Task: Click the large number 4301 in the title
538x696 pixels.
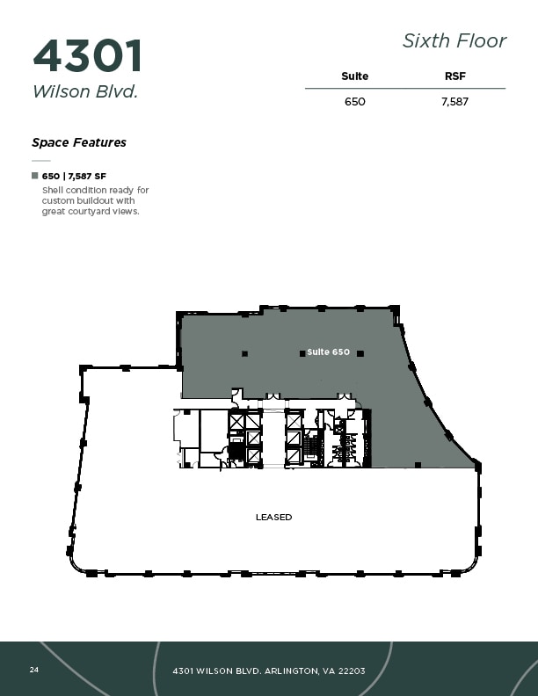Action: pyautogui.click(x=87, y=56)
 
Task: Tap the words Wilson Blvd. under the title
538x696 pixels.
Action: pyautogui.click(x=85, y=91)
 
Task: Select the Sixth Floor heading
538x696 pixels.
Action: pyautogui.click(x=454, y=40)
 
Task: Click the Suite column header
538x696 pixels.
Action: pyautogui.click(x=354, y=76)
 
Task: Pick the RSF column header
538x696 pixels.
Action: pyautogui.click(x=454, y=76)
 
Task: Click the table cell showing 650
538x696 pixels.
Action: pyautogui.click(x=354, y=102)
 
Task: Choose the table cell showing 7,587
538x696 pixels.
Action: pyautogui.click(x=454, y=102)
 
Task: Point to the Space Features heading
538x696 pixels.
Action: pyautogui.click(x=79, y=142)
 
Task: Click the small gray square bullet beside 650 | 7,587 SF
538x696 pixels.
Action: pyautogui.click(x=35, y=176)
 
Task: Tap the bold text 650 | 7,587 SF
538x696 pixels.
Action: pyautogui.click(x=74, y=177)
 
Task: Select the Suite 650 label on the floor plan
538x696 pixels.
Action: pyautogui.click(x=328, y=352)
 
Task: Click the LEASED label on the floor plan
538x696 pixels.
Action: pyautogui.click(x=273, y=517)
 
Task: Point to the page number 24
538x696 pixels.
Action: pyautogui.click(x=34, y=670)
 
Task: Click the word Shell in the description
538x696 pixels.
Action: pyautogui.click(x=53, y=190)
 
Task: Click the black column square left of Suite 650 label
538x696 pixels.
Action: pyautogui.click(x=302, y=353)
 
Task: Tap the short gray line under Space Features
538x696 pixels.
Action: pyautogui.click(x=41, y=161)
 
